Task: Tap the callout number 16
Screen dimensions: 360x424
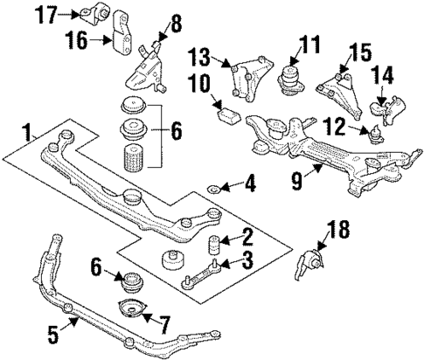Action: [77, 40]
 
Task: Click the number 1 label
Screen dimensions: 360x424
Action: [29, 132]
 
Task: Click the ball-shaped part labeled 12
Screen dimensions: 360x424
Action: [377, 135]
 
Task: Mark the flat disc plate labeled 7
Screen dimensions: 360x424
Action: [131, 309]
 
